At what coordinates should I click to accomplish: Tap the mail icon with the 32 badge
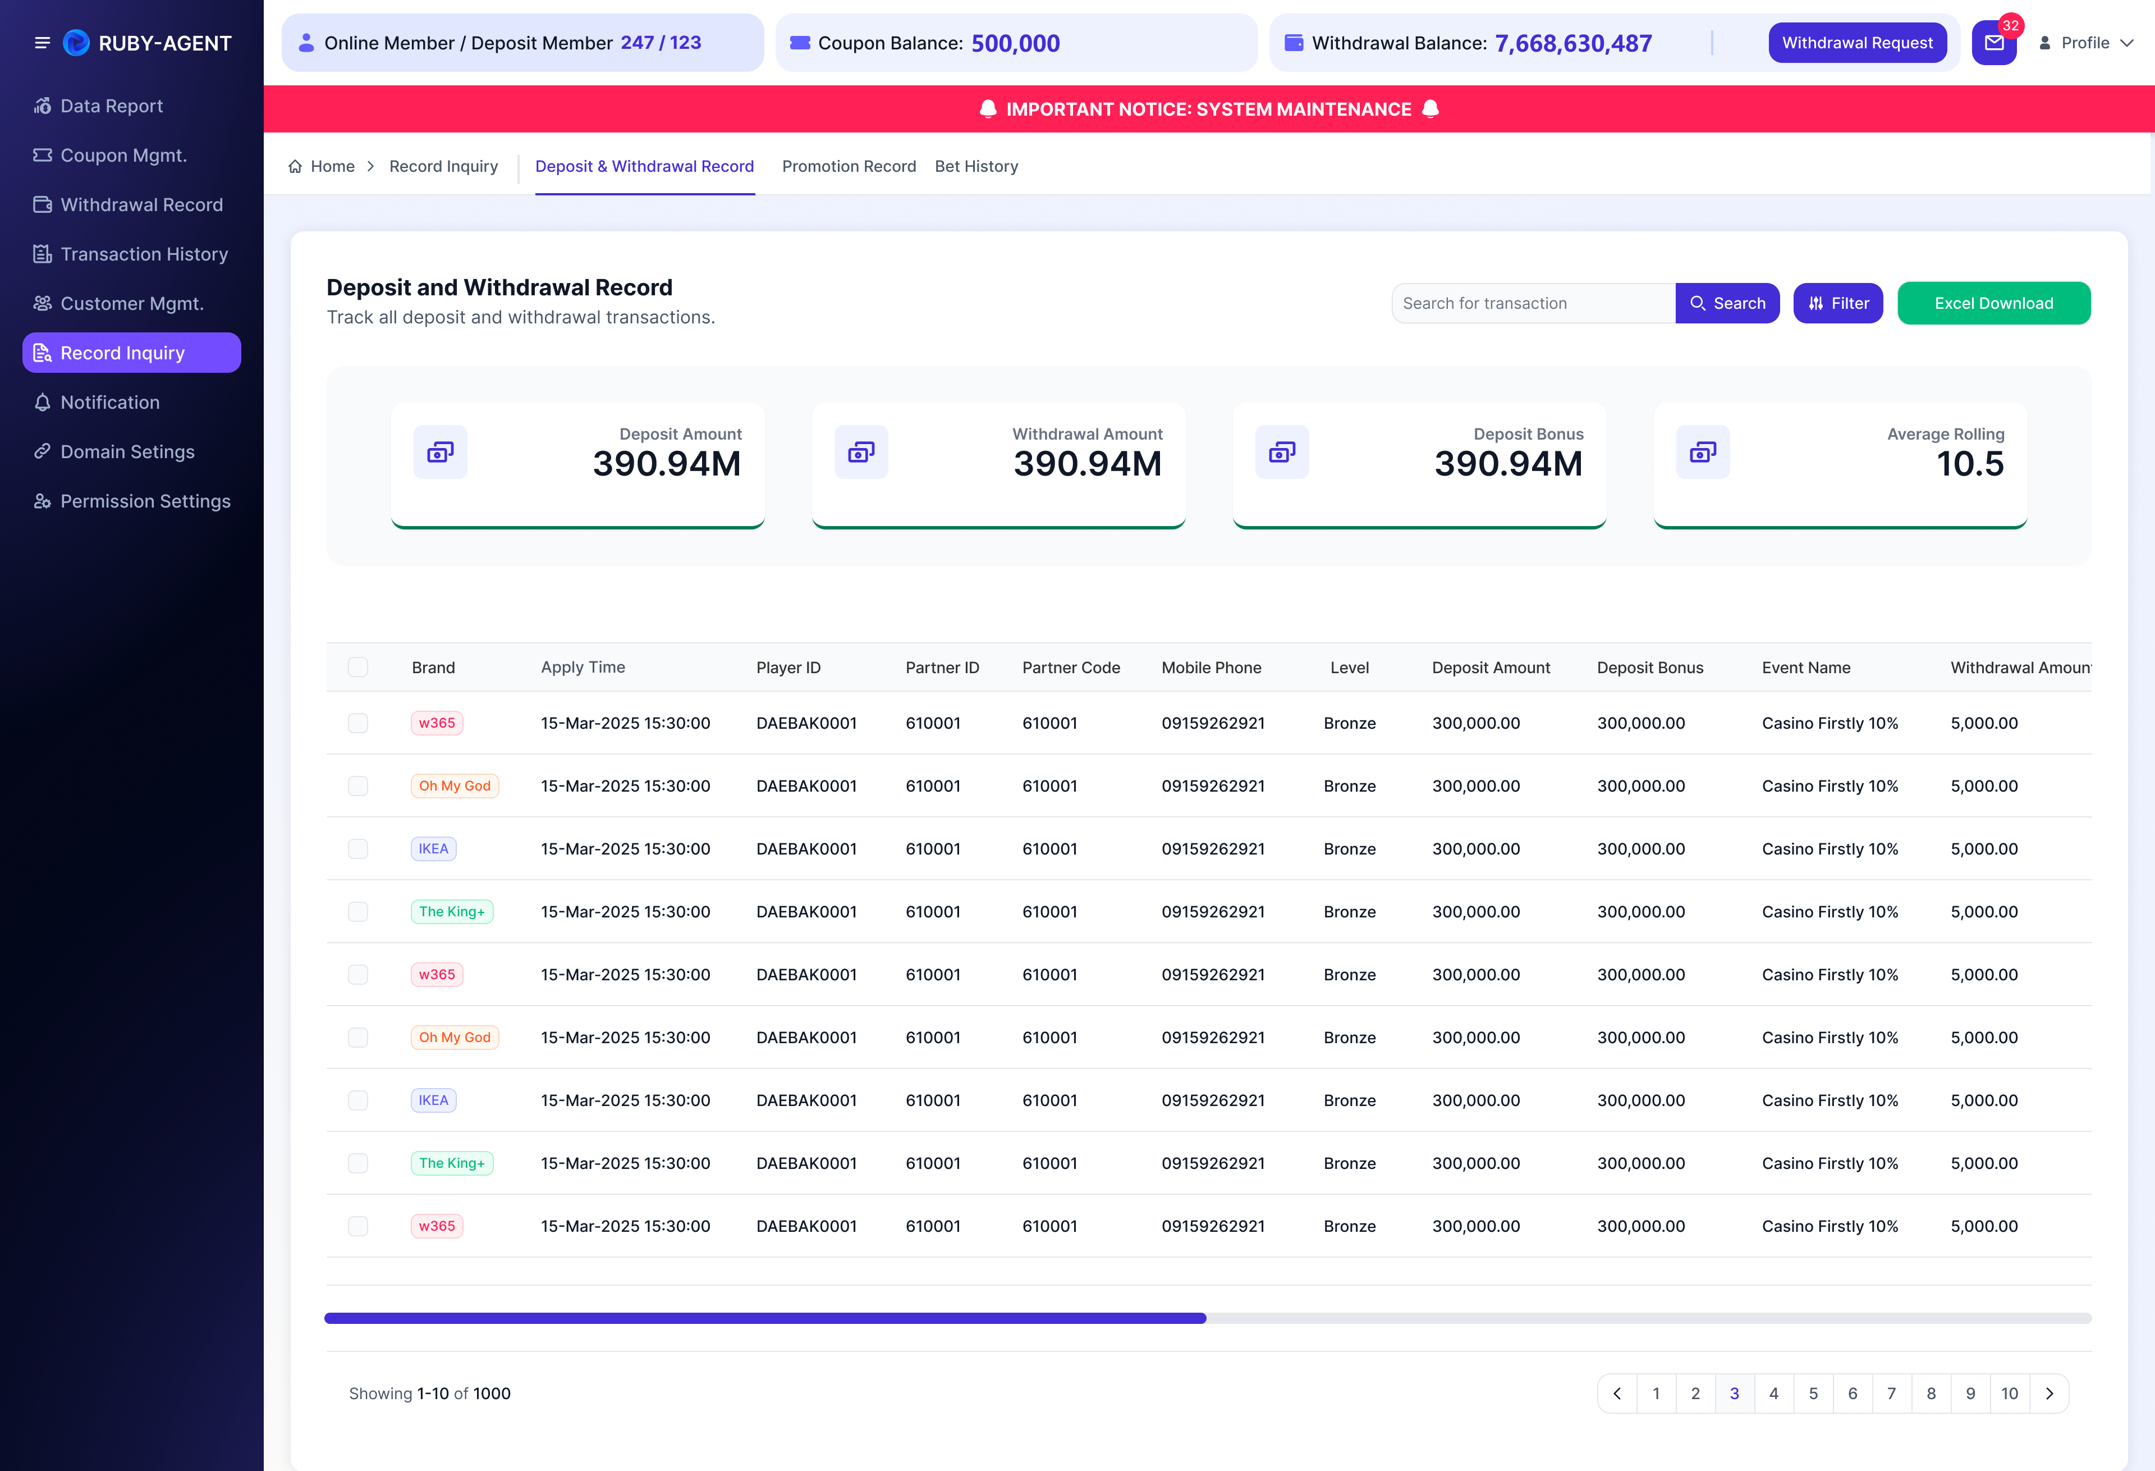[1993, 43]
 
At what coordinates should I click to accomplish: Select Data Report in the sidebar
[111, 106]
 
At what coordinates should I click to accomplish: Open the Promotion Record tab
[849, 166]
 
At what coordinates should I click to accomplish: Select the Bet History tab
[976, 166]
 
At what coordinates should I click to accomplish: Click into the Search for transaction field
[1533, 303]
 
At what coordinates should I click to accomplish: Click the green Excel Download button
[1993, 303]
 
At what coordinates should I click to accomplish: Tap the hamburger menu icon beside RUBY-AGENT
[42, 43]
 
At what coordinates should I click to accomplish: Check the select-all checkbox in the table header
[358, 667]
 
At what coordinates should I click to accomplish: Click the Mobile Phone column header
[1211, 667]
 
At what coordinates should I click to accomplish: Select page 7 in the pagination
[1892, 1393]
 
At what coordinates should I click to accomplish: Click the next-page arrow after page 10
[2049, 1393]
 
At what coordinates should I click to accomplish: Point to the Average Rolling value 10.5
[1970, 464]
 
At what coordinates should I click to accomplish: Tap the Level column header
[1349, 667]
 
